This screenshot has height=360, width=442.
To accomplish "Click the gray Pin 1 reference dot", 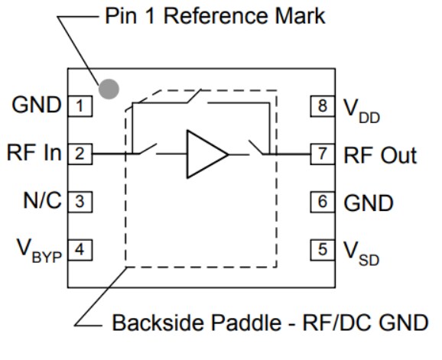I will pos(110,89).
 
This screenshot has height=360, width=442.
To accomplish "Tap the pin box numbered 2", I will pos(80,154).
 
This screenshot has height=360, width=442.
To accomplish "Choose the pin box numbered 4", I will pos(80,249).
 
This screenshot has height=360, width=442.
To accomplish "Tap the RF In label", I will pos(34,154).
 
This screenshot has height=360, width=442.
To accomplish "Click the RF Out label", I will pos(380,155).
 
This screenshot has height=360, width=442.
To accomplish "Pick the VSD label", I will pos(359,252).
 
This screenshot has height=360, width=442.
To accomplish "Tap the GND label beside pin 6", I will pos(368,203).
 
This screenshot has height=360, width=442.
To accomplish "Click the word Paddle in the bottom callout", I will pos(243,323).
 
